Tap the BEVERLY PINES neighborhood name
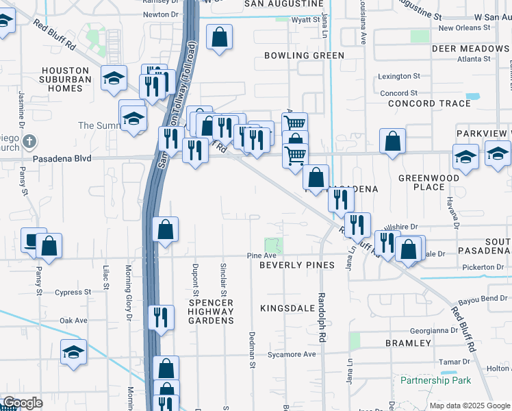click(297, 265)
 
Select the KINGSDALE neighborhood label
click(286, 308)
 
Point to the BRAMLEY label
click(408, 342)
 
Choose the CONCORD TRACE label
click(429, 103)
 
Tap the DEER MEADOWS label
click(470, 49)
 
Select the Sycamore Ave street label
click(292, 354)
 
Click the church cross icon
click(28, 142)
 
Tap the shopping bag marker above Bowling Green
click(219, 38)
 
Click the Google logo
click(23, 403)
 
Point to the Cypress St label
click(75, 292)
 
